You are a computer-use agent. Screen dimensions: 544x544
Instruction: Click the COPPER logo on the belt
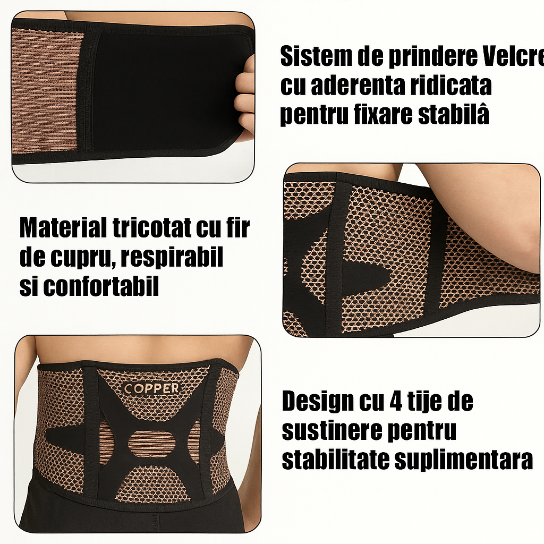(x=151, y=388)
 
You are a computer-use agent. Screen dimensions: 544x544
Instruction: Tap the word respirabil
(x=171, y=259)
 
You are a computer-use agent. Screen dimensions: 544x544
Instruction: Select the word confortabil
(x=101, y=287)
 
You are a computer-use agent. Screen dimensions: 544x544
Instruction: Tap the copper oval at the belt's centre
(x=152, y=443)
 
